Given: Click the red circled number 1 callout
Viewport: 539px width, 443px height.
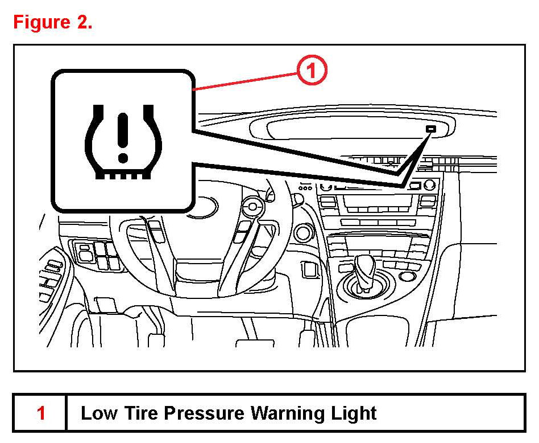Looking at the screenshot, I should [311, 72].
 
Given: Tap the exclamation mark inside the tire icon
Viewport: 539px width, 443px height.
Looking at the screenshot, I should [122, 137].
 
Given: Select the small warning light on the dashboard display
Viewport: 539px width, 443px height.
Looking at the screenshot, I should [431, 129].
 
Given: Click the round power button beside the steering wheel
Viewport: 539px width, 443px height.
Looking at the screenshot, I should [303, 232].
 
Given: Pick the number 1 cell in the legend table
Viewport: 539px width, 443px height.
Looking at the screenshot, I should [40, 413].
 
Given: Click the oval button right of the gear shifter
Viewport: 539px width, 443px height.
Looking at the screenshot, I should [408, 276].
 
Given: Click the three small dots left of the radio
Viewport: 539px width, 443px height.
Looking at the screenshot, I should [306, 187].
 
